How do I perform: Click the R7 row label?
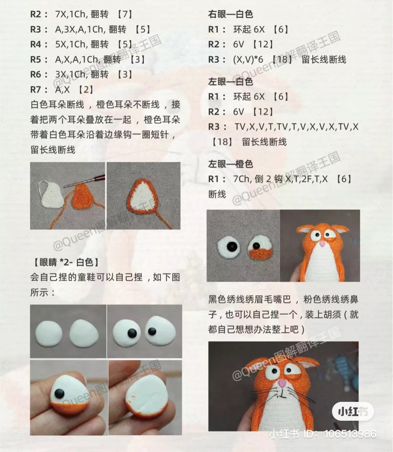(x=38, y=90)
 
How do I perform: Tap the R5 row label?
(x=38, y=59)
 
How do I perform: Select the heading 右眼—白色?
(x=230, y=14)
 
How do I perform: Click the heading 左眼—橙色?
(x=230, y=164)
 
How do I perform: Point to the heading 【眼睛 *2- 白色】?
(x=66, y=262)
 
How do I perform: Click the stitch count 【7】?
(x=125, y=14)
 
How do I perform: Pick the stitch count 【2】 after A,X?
(x=86, y=90)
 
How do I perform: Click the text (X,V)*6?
(x=248, y=60)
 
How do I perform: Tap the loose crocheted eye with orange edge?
(x=261, y=247)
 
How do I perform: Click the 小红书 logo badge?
(x=352, y=411)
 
